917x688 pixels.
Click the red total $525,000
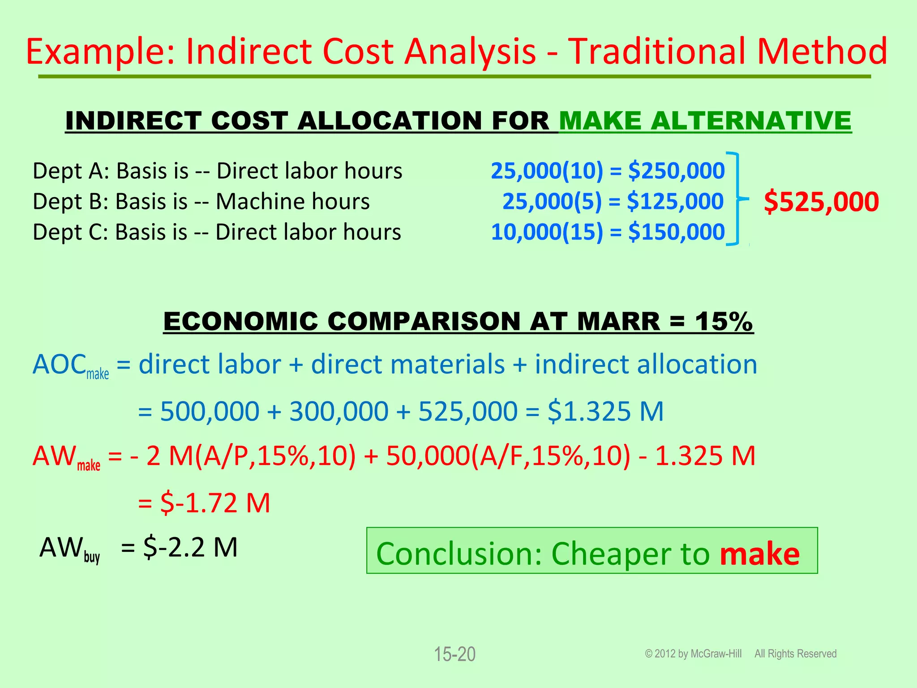pos(821,202)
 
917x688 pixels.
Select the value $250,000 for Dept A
pos(676,171)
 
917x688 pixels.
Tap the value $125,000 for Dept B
pos(675,202)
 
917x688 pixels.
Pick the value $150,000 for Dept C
pos(676,232)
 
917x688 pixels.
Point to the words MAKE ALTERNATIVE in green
pos(705,121)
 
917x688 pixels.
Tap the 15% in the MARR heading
pos(724,322)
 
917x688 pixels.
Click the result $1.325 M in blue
pos(605,411)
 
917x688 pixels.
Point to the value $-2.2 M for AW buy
pos(190,547)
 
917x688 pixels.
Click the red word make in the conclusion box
pos(759,554)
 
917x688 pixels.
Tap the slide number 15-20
pos(454,654)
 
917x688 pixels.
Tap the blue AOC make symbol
pos(70,365)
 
